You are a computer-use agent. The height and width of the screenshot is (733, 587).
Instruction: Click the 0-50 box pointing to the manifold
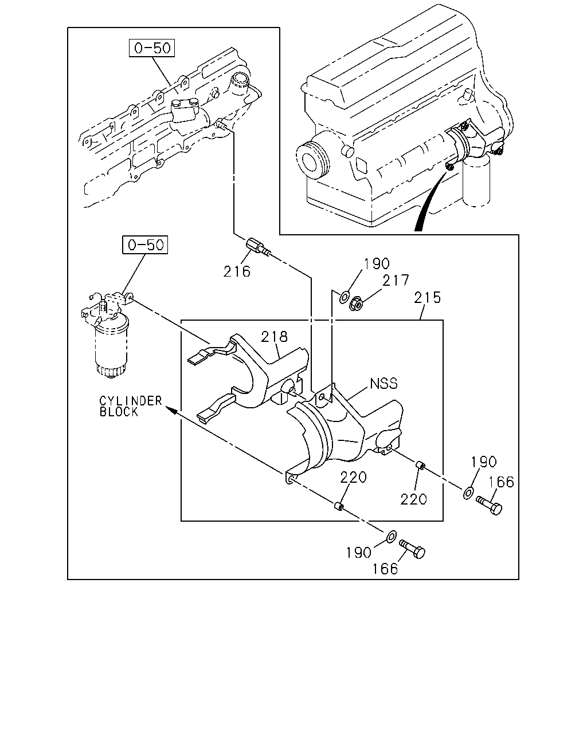point(151,48)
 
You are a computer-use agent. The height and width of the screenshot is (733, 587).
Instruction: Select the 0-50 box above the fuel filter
point(145,245)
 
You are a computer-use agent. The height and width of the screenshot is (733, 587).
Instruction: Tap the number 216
point(237,272)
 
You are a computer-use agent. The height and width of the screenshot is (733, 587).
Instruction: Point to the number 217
point(396,281)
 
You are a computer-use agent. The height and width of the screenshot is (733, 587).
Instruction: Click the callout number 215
point(428,298)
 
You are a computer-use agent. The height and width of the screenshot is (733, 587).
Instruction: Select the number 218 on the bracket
point(275,337)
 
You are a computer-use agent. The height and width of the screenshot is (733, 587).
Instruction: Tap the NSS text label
point(383,384)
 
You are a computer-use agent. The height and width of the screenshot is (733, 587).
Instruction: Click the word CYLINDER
point(131,401)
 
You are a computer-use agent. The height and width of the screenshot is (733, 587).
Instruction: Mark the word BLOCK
point(119,412)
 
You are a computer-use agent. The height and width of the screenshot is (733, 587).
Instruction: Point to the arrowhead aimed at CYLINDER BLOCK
point(171,410)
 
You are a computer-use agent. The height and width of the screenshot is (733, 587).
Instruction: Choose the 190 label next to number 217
point(377,263)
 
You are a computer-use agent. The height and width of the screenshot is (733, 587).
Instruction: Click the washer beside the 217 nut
point(344,297)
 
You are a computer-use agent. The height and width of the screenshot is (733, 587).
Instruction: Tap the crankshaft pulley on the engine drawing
point(312,160)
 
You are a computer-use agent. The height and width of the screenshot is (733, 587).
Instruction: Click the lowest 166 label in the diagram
point(385,569)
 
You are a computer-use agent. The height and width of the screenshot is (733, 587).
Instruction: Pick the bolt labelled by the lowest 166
point(412,549)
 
